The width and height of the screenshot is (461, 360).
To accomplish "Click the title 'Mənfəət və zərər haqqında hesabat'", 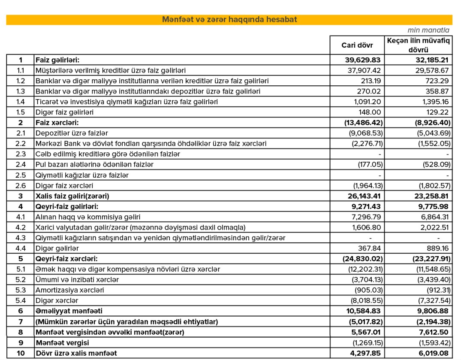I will coord(229,20).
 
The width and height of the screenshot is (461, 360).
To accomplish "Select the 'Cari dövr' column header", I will coord(357,45).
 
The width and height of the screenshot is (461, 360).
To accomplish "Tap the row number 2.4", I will coord(20,164).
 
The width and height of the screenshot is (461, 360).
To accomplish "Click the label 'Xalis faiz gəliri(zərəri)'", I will coord(72,196).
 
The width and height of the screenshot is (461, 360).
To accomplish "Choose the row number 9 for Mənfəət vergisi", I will coord(20,342).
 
